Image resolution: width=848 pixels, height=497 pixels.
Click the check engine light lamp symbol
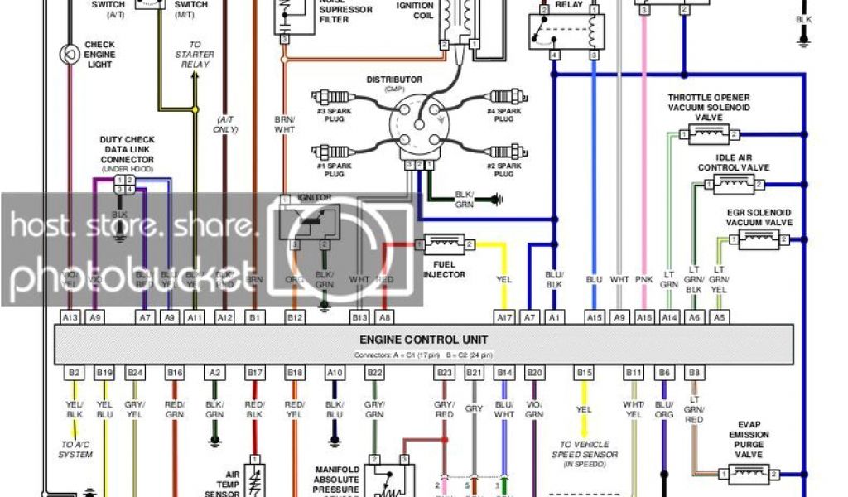tap(69, 55)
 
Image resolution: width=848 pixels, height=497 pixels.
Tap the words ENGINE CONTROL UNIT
tap(423, 340)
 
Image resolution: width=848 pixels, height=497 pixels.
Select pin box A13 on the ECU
tap(70, 316)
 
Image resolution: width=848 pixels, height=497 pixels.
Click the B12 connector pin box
tap(296, 316)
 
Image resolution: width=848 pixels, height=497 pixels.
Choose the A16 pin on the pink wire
tap(644, 316)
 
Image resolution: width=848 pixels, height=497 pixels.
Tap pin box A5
tap(719, 316)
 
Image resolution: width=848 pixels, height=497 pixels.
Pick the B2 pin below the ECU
tap(74, 374)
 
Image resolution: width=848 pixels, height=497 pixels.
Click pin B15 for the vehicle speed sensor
tap(585, 374)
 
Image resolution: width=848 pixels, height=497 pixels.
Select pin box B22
tap(374, 374)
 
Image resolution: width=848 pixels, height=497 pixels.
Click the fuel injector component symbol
tap(448, 244)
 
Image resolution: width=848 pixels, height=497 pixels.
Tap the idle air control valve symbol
tap(732, 184)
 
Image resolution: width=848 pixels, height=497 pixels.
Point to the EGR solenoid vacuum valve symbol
tap(758, 239)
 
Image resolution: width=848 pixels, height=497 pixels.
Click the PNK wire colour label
tap(643, 280)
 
